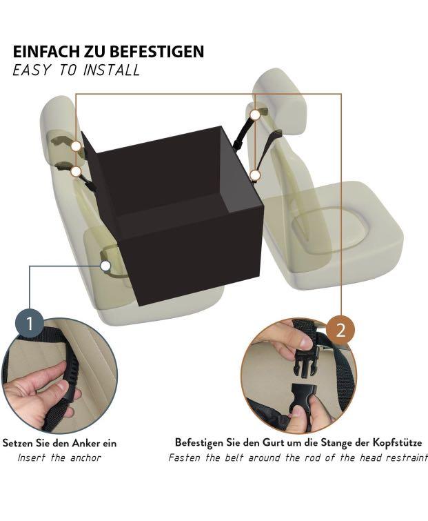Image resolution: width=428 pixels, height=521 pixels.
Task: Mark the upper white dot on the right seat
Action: [255, 115]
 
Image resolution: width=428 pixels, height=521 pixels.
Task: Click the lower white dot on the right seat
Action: [254, 175]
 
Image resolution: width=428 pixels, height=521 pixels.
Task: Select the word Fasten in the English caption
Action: [185, 458]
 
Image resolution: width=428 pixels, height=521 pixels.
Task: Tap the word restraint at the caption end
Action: [402, 458]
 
